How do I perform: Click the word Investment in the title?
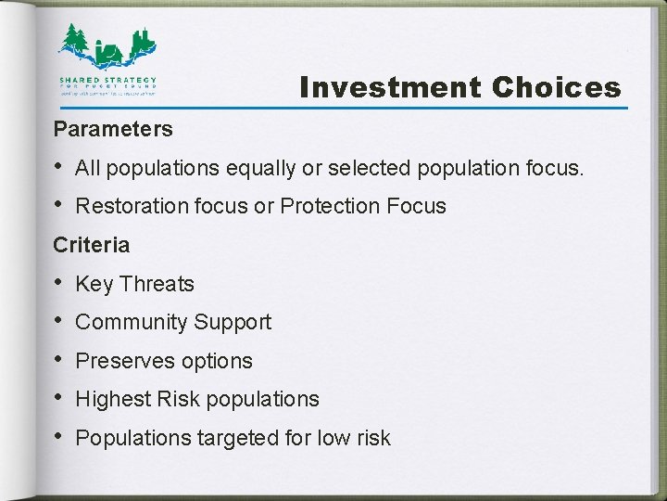pyautogui.click(x=390, y=88)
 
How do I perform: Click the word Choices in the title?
pyautogui.click(x=556, y=88)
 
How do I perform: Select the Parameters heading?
pyautogui.click(x=113, y=128)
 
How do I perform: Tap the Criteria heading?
pyautogui.click(x=92, y=245)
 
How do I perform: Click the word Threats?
pyautogui.click(x=157, y=284)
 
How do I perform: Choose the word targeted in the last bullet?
pyautogui.click(x=232, y=438)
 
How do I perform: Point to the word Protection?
pyautogui.click(x=331, y=206)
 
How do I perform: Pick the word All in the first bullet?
pyautogui.click(x=87, y=168)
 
